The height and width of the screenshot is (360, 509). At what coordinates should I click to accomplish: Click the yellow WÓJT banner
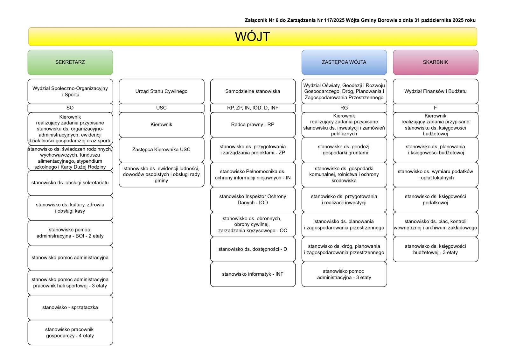pyautogui.click(x=253, y=37)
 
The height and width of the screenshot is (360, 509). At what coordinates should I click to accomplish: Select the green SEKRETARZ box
pyautogui.click(x=70, y=62)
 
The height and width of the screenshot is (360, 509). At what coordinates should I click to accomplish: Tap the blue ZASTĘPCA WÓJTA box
pyautogui.click(x=344, y=62)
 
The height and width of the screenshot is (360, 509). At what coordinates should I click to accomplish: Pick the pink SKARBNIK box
pyautogui.click(x=435, y=62)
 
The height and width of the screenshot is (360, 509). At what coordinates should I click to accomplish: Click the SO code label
pyautogui.click(x=70, y=108)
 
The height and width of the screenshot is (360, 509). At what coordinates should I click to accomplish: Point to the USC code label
pyautogui.click(x=161, y=108)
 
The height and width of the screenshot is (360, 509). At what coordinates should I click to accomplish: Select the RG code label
pyautogui.click(x=344, y=108)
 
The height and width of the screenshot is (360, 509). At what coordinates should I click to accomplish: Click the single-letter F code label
pyautogui.click(x=435, y=108)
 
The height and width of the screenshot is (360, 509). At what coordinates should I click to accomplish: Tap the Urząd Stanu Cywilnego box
pyautogui.click(x=161, y=91)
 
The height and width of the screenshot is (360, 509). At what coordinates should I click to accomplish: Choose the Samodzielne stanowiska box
pyautogui.click(x=253, y=91)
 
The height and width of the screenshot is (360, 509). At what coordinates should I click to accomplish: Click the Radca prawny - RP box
pyautogui.click(x=253, y=124)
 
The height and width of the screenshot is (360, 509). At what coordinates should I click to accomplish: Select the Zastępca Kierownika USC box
pyautogui.click(x=161, y=150)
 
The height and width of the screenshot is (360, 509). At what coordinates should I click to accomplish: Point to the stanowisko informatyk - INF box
pyautogui.click(x=253, y=274)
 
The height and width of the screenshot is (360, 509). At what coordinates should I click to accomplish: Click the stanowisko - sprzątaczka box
pyautogui.click(x=70, y=307)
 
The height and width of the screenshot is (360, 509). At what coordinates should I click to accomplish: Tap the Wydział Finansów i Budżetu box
pyautogui.click(x=435, y=91)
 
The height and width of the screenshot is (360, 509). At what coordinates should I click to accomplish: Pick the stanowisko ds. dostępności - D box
pyautogui.click(x=253, y=249)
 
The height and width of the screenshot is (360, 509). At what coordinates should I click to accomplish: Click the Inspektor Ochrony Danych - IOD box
pyautogui.click(x=253, y=200)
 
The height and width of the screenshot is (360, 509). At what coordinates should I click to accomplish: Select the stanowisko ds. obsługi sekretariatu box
pyautogui.click(x=70, y=183)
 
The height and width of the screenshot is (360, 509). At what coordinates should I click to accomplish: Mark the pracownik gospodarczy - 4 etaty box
pyautogui.click(x=70, y=332)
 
